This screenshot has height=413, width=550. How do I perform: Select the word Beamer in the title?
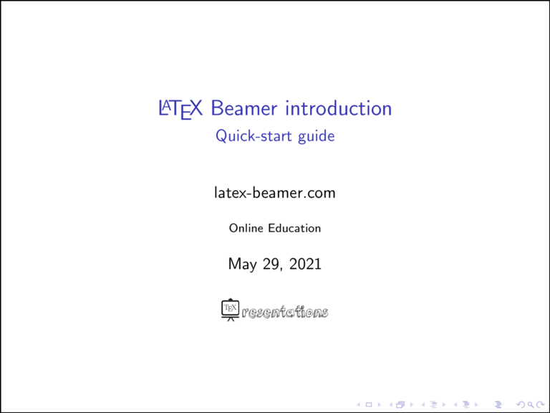pos(244,109)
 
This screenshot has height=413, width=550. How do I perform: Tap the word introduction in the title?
pos(339,109)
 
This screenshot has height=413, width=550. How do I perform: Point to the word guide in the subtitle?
pos(316,136)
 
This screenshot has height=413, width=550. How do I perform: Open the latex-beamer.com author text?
pos(275,193)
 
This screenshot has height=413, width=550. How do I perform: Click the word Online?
pos(246,228)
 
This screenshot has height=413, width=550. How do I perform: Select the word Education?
pos(295,228)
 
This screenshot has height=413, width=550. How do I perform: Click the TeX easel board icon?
pos(230,310)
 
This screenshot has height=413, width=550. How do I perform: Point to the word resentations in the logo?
pos(286,313)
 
